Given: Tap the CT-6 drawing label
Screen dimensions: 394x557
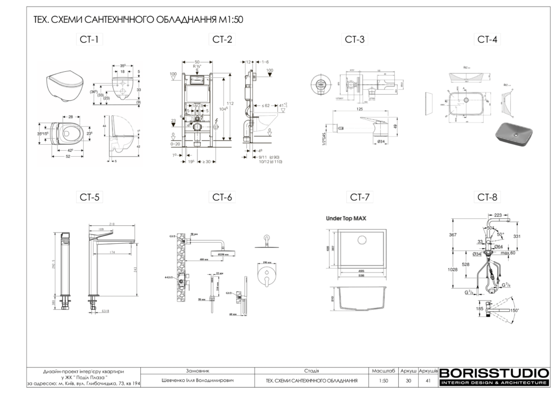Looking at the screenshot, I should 222,197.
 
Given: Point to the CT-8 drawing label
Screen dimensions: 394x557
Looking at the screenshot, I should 487,197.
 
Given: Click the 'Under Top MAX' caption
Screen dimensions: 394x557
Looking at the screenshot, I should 346,218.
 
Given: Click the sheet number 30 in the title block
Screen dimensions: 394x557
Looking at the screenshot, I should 408,380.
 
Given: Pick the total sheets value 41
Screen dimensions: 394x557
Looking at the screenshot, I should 429,380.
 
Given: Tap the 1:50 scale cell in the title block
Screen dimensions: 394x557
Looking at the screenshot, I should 383,380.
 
